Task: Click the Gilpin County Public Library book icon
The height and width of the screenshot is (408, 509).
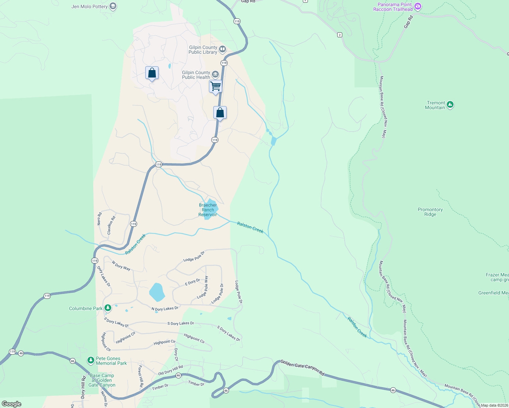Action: point(222,50)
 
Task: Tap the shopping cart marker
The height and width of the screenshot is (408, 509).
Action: point(215,86)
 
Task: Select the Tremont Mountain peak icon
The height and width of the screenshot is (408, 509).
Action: point(450,105)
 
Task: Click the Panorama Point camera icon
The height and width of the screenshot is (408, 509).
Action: point(418,6)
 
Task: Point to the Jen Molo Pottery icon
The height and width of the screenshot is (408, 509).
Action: point(113,6)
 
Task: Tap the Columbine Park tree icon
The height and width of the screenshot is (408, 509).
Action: point(108,308)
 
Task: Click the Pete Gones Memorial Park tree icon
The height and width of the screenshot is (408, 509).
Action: point(91,360)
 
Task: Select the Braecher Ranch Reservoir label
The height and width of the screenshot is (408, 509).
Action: point(208,210)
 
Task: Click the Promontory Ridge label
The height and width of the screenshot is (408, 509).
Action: point(430,212)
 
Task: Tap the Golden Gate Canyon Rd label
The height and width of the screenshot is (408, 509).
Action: point(302,368)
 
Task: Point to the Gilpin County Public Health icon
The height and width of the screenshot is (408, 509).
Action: point(215,74)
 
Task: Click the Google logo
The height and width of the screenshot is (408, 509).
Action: point(12,404)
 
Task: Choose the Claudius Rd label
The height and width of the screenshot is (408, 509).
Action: point(111,225)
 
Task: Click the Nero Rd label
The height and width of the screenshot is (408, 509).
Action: point(99,219)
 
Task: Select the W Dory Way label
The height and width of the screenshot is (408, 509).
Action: point(121,266)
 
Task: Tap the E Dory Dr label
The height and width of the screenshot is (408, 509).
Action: point(192,282)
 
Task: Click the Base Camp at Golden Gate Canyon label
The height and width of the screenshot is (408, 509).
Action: point(102,380)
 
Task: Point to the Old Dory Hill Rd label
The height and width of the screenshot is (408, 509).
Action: point(170,370)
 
